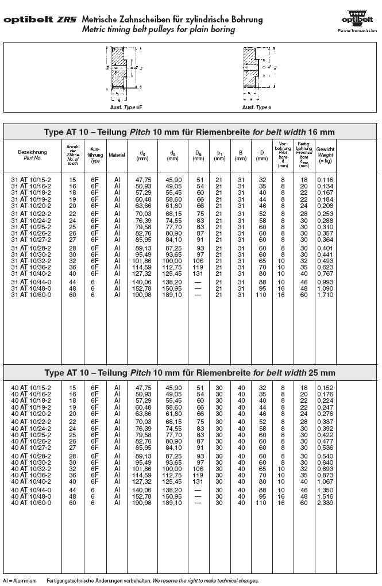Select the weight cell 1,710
tap(325, 295)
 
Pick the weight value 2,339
tap(325, 503)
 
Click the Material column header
tap(117, 155)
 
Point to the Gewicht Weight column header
tap(325, 155)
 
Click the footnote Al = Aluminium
tap(19, 581)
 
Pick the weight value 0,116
tap(325, 180)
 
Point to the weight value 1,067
tap(325, 481)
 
